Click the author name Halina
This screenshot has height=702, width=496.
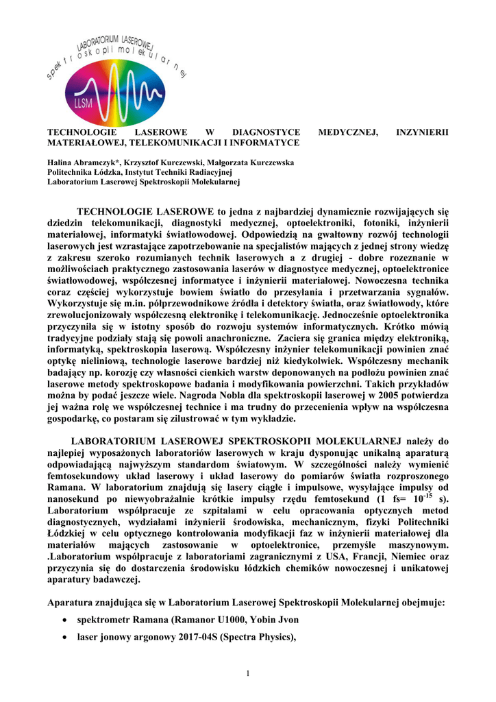click(60, 162)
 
